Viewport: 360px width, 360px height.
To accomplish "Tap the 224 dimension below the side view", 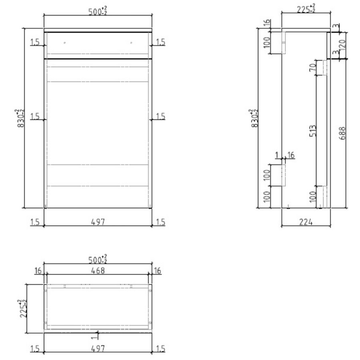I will (x=306, y=222).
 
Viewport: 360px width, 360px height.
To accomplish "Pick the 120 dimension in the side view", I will (x=342, y=44).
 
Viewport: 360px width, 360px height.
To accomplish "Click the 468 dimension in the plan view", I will (x=98, y=271).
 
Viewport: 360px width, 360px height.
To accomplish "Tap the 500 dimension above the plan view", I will (x=97, y=260).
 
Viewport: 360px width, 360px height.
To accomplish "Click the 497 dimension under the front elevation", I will (x=98, y=222).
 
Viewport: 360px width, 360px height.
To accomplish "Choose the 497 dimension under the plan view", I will (x=98, y=349).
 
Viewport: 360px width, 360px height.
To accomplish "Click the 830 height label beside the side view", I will (x=253, y=118).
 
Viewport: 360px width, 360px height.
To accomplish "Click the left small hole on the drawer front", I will (x=65, y=42).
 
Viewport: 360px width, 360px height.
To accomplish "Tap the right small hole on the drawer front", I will (x=131, y=42).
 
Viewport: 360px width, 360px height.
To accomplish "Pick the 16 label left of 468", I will (x=38, y=271).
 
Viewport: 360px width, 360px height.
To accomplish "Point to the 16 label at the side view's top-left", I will (x=267, y=24).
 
